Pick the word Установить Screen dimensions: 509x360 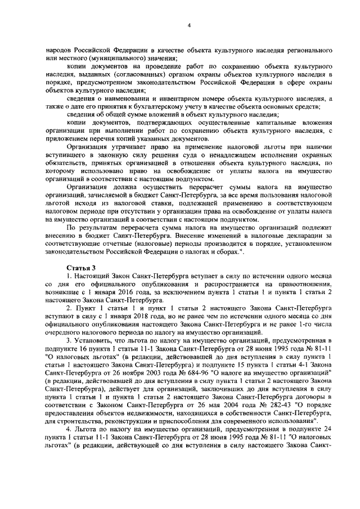coord(97,342)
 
